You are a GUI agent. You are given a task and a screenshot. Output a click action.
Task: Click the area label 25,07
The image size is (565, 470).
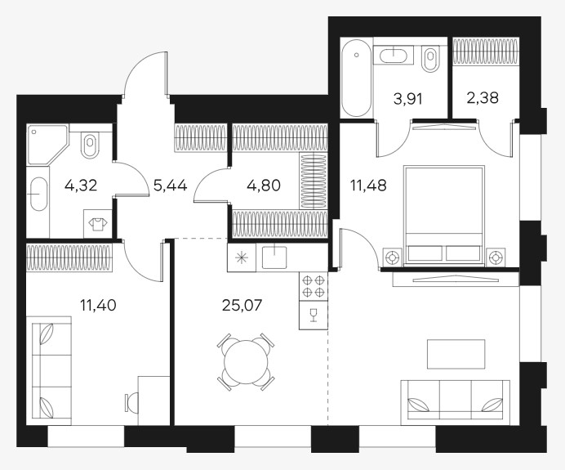pos(242,306)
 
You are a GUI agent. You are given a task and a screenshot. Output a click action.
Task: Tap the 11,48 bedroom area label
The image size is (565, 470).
pos(368,186)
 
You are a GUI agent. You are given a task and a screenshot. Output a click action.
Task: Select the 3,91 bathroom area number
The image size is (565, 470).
pos(408,98)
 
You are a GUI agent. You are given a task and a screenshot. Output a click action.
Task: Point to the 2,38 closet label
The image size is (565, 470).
pos(483,97)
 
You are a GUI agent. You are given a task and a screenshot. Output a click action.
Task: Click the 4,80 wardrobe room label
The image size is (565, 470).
pos(264,186)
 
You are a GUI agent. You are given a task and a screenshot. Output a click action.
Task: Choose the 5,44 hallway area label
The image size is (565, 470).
pos(170,186)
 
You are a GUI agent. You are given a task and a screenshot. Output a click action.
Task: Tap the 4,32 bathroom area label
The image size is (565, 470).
pos(81,186)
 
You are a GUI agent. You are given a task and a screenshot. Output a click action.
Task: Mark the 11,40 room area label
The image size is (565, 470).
pos(98,306)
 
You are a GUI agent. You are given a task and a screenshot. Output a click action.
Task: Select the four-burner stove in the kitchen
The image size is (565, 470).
pos(314,286)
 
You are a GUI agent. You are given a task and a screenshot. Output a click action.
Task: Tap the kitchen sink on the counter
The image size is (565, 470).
pos(274,257)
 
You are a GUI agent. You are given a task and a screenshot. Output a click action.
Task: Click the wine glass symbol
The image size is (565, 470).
pos(314,315)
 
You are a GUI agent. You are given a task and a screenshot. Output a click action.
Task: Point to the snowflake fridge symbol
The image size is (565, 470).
pos(242,257)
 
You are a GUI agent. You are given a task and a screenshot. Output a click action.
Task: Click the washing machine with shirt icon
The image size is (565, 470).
pos(98,224)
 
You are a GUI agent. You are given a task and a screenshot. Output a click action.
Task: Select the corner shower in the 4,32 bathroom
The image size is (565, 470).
pos(47,145)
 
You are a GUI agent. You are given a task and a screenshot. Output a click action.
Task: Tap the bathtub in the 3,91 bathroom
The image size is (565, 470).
pos(356,78)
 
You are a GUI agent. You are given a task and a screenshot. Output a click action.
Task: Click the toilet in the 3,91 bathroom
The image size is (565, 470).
pos(430,59)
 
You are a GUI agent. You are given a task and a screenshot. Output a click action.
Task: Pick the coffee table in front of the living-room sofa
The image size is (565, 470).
pos(456,354)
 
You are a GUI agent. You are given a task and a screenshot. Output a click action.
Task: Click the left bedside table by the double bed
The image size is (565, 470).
pos(392,258)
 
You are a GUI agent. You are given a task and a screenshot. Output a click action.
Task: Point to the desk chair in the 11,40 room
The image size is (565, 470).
pos(131,402)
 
